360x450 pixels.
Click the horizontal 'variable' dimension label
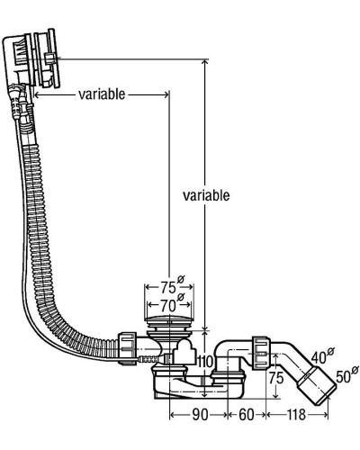[101, 94]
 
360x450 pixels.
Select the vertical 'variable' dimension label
[206, 194]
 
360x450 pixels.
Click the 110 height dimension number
[206, 362]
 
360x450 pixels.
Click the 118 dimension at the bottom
[296, 416]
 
